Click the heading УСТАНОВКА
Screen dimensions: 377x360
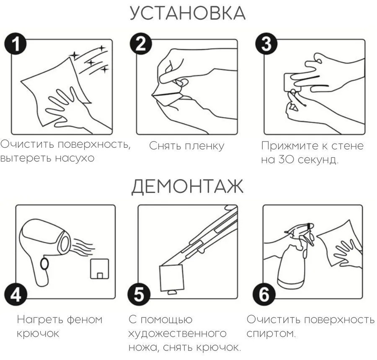[188, 13]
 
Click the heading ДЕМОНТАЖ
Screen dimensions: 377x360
[188, 186]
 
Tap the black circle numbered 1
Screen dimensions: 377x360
[15, 44]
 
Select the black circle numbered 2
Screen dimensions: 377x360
[141, 44]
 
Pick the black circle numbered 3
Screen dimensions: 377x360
[266, 44]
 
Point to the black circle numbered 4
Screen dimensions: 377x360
[15, 294]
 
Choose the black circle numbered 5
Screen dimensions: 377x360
[139, 294]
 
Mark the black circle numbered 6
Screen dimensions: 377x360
[264, 294]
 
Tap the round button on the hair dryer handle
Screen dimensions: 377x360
[44, 264]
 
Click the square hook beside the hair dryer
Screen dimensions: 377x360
[100, 269]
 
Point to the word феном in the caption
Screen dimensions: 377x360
[85, 320]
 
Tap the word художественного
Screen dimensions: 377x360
[178, 334]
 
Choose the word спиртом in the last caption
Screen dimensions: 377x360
[271, 334]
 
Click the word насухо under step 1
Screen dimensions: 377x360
[75, 158]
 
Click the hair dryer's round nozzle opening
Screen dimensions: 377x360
[65, 244]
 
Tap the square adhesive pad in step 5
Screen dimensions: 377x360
[172, 278]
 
